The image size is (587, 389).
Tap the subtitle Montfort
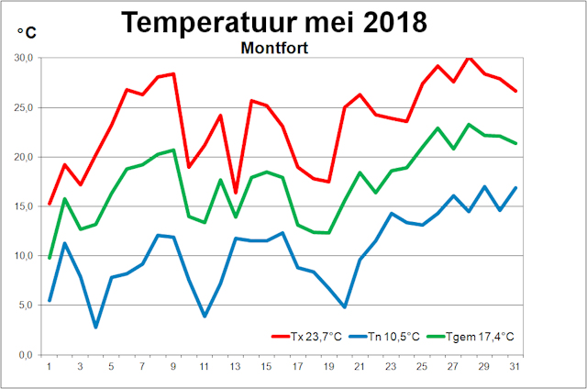(x=274, y=47)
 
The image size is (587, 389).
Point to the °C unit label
(x=27, y=33)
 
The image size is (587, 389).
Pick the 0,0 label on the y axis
(x=26, y=355)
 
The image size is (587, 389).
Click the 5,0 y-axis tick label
(x=26, y=306)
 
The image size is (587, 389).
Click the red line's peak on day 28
(x=468, y=57)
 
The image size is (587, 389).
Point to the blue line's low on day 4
(x=95, y=327)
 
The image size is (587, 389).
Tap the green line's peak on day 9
(x=173, y=150)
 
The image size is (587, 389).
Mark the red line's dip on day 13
(x=235, y=193)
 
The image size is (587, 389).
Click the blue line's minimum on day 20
(x=343, y=307)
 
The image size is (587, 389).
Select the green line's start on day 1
(x=49, y=258)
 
